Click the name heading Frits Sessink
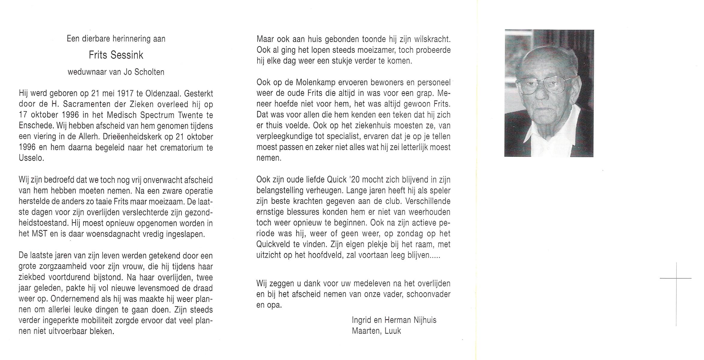116,55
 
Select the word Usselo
31,158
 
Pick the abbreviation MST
39,234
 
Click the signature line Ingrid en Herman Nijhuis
394,320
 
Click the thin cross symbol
676,278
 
